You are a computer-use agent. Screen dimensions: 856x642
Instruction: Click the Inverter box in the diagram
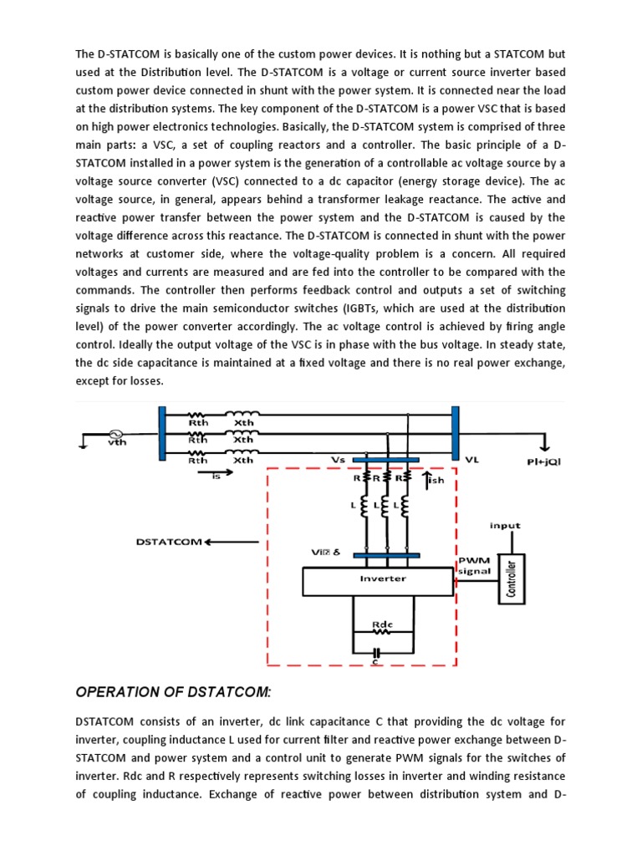pyautogui.click(x=382, y=578)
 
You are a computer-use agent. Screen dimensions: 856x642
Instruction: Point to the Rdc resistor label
pyautogui.click(x=382, y=624)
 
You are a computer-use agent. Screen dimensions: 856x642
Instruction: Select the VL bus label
pyautogui.click(x=473, y=460)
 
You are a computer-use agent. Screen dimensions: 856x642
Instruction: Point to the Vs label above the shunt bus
pyautogui.click(x=339, y=459)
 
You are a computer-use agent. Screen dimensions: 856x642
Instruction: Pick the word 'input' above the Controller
pyautogui.click(x=505, y=526)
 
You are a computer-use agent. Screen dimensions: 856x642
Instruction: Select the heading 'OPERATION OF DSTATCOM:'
pyautogui.click(x=173, y=691)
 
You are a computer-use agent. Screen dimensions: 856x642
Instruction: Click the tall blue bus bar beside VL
pyautogui.click(x=456, y=433)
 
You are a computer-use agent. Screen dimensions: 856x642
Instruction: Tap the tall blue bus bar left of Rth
pyautogui.click(x=162, y=433)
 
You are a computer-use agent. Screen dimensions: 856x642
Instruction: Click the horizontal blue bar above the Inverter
pyautogui.click(x=386, y=554)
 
